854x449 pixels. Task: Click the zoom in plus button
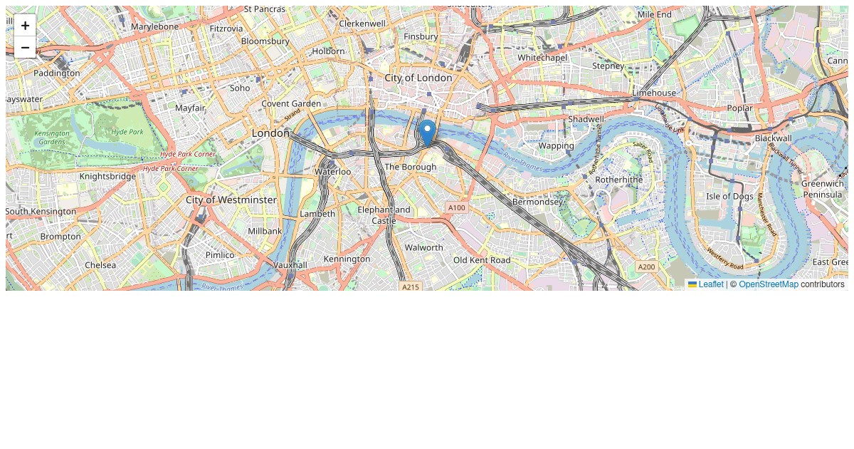25,26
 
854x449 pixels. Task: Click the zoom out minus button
25,47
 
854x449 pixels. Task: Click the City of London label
418,78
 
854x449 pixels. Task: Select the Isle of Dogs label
729,196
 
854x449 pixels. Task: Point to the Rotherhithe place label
619,180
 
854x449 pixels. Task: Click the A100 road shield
455,207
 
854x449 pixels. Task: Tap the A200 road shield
646,267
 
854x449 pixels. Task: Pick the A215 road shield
411,287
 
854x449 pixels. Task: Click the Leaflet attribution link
710,284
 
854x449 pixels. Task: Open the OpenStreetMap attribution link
769,284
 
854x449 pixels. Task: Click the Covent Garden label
291,103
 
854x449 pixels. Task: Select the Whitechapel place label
542,57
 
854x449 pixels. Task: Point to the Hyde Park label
127,132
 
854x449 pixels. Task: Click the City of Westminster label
231,200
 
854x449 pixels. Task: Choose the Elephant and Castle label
384,215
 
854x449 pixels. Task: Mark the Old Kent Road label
482,260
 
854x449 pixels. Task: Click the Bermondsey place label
537,202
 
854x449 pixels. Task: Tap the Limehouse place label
654,93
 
